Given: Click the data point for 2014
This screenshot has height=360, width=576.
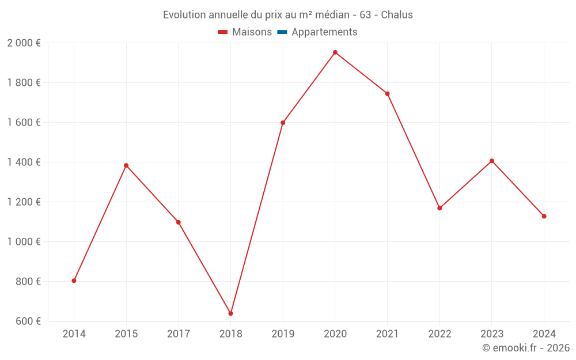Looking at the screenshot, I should (74, 281).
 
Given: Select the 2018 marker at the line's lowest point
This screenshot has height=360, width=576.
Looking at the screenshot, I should (230, 313).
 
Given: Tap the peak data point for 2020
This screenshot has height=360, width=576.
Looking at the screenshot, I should (335, 52).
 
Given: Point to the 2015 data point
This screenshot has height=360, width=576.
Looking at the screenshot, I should (126, 165).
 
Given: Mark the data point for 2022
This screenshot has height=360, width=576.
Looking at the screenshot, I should (439, 208).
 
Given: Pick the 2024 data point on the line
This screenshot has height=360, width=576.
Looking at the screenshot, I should (544, 216).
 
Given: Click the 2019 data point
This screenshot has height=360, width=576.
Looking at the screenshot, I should (283, 123).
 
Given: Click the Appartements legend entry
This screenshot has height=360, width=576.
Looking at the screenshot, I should (324, 32).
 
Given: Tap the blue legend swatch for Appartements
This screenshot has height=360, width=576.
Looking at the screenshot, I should (282, 32).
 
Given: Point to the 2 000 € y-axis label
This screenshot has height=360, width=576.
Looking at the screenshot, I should (24, 43).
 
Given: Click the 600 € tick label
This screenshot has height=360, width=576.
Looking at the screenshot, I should (28, 321).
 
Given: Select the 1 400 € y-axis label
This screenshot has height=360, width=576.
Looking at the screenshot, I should (24, 162).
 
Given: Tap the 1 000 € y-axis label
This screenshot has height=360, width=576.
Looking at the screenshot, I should (24, 241).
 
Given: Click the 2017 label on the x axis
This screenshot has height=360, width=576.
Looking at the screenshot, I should (178, 334).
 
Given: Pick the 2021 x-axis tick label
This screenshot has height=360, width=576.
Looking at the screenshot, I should (387, 334).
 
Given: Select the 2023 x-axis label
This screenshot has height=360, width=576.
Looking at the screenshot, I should (491, 334).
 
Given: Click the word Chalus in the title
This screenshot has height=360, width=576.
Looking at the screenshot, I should (397, 15).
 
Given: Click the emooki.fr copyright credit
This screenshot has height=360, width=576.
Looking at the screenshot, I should (526, 348).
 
